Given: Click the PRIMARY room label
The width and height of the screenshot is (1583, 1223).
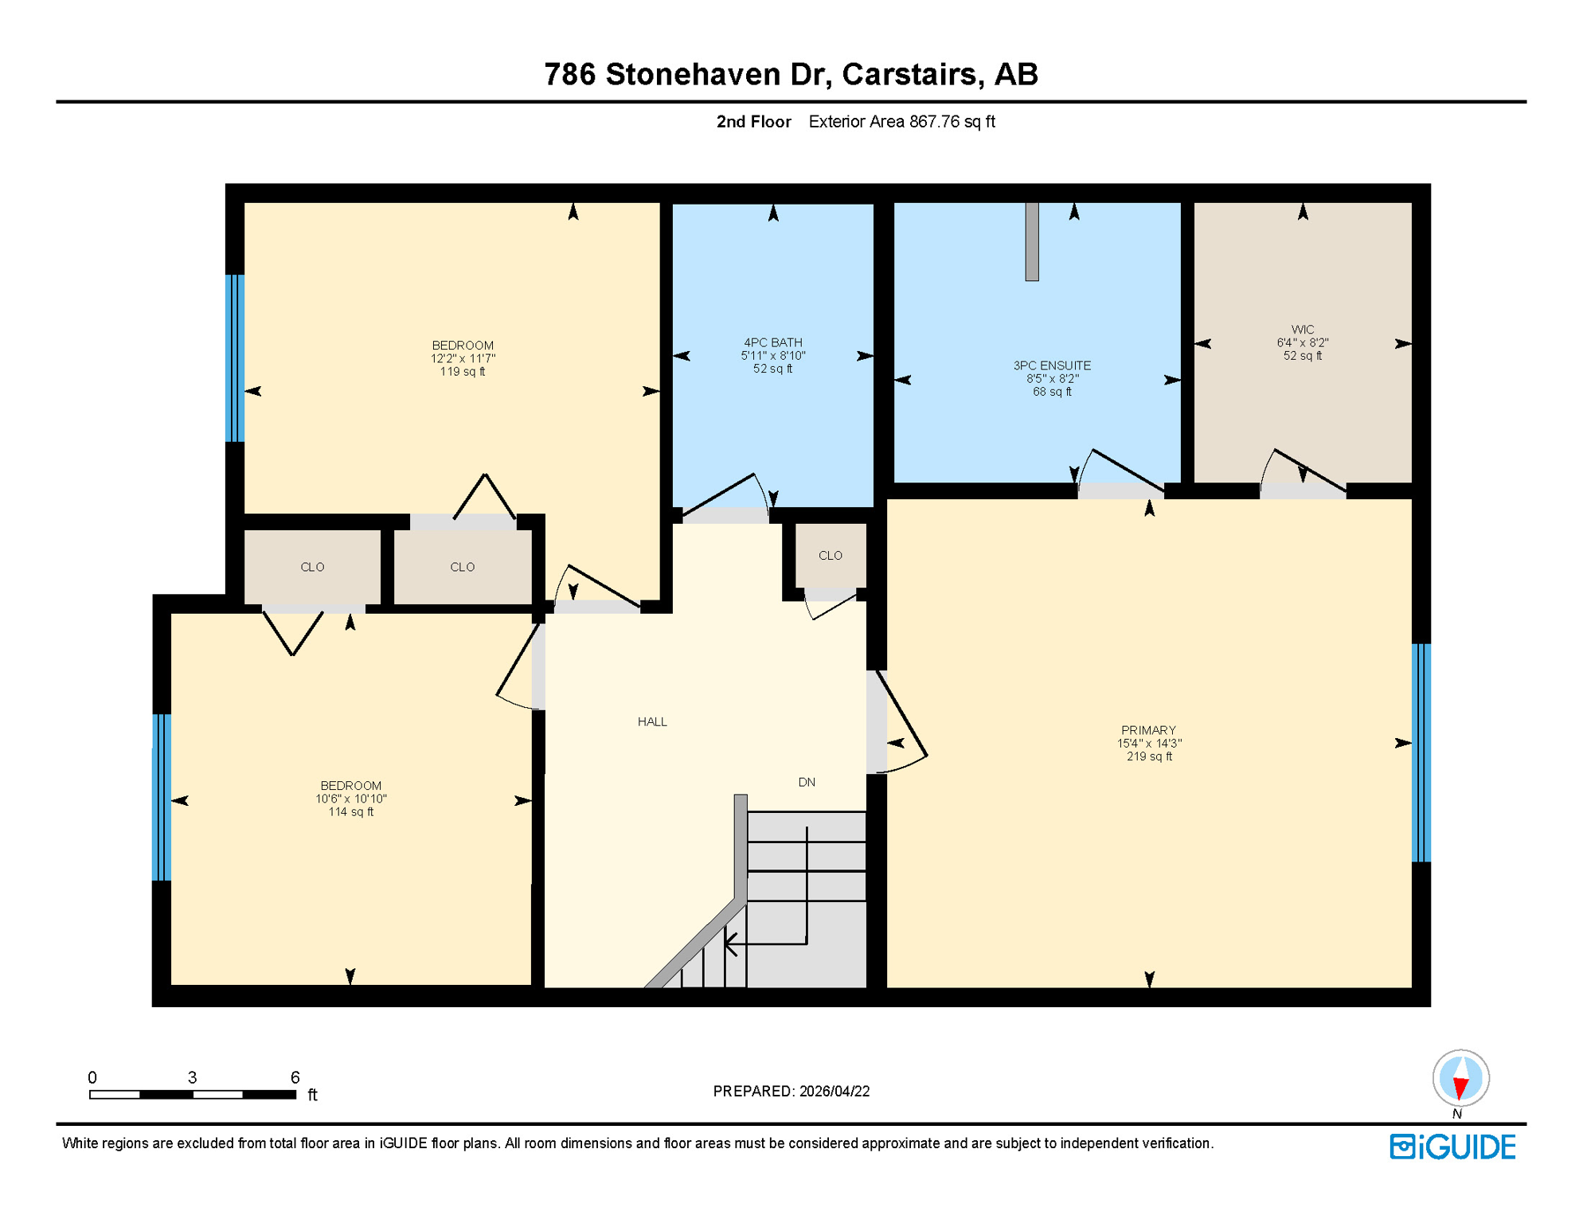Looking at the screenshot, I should (x=1148, y=731).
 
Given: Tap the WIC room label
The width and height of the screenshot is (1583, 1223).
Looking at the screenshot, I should (x=1302, y=330).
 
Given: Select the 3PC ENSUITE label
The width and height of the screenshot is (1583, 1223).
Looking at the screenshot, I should (x=1051, y=366).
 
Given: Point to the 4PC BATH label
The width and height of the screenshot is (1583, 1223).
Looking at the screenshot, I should (x=772, y=343).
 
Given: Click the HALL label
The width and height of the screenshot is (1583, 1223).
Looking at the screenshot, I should (x=651, y=722).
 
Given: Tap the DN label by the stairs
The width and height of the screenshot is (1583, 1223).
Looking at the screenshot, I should (x=806, y=783).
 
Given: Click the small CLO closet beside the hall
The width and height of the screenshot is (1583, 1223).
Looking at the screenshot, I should (x=830, y=556).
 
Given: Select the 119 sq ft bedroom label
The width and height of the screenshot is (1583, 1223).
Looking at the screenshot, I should (x=462, y=358).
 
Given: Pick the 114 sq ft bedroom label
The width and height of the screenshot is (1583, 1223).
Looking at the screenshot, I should (x=350, y=799).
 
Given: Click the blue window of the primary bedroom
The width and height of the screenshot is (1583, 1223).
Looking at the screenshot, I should (x=1421, y=752).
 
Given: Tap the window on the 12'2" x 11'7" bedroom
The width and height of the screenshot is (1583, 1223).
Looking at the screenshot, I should (x=235, y=358).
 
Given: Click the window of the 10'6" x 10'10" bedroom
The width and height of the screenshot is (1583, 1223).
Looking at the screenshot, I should (x=162, y=797).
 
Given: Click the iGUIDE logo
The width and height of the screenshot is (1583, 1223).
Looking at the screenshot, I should (x=1452, y=1147).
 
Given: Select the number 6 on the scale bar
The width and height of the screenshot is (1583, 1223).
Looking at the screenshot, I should (x=295, y=1077).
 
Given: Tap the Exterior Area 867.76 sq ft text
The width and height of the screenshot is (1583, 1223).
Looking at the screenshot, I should (x=901, y=122).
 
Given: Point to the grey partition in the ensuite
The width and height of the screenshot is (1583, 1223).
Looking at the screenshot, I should (x=1031, y=241).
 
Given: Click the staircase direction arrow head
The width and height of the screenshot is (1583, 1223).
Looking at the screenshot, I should (x=729, y=944).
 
